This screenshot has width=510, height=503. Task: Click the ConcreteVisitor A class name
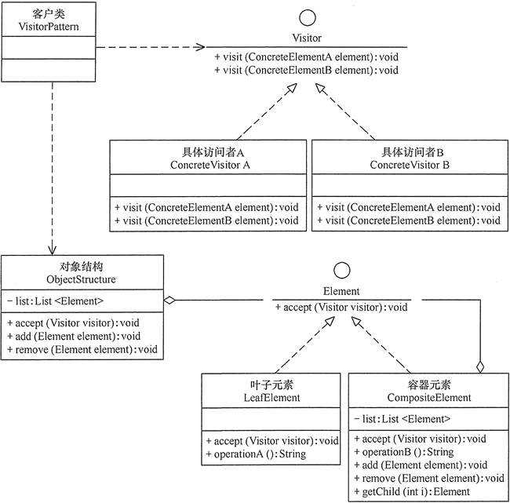[209, 166]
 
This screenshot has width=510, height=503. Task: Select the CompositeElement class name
[424, 398]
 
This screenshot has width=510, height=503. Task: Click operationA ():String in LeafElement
[255, 454]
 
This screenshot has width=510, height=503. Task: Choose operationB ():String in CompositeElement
[403, 451]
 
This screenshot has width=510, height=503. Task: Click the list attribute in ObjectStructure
[55, 300]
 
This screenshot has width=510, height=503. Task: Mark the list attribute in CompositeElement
[403, 418]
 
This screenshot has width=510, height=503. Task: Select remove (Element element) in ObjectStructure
[82, 348]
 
